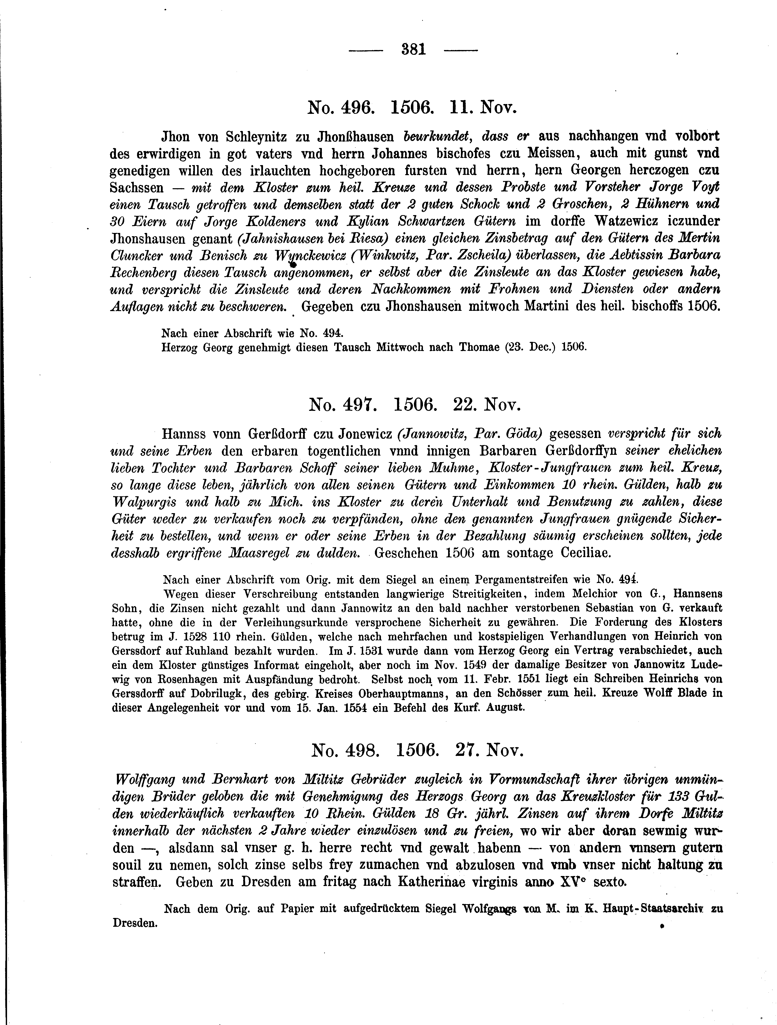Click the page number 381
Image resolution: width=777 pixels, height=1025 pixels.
pyautogui.click(x=414, y=49)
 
